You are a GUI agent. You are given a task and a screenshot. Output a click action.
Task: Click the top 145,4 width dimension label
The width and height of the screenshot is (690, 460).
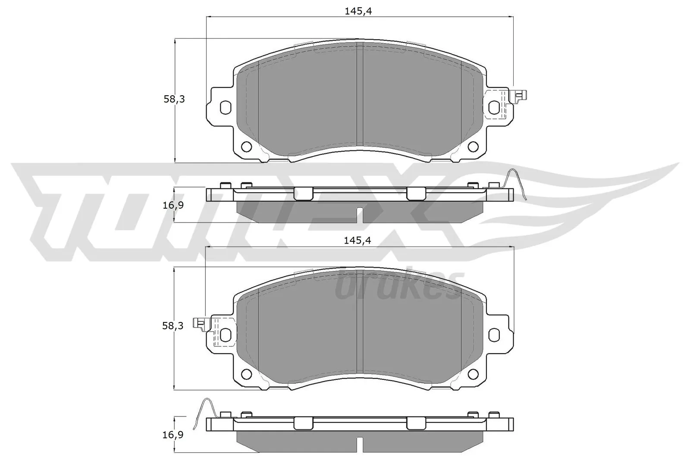[x=358, y=12]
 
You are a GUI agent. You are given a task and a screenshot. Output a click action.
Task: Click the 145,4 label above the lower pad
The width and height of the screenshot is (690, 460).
[x=358, y=241]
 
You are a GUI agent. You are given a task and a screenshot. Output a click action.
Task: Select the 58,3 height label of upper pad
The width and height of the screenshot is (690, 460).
[x=174, y=99]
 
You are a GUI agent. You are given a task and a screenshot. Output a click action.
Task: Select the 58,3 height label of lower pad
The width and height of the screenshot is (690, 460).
[x=173, y=326]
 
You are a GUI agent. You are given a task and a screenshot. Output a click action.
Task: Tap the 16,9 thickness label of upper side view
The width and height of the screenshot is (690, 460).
[x=174, y=205]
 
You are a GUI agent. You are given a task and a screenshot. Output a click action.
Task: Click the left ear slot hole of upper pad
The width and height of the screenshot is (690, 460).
[x=225, y=107]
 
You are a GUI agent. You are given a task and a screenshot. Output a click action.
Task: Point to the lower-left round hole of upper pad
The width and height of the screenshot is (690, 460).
[x=246, y=147]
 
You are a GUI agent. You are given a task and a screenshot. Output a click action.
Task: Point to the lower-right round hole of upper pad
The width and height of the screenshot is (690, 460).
[x=473, y=147]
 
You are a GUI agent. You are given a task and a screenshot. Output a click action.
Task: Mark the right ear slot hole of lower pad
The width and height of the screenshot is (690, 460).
[x=494, y=335]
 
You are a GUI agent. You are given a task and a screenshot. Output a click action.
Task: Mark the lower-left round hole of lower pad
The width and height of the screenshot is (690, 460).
[x=246, y=374]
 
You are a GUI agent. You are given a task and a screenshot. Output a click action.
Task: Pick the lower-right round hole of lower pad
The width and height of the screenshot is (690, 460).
[x=473, y=374]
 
